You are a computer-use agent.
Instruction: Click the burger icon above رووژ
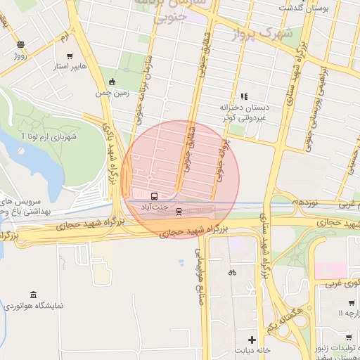[20, 44]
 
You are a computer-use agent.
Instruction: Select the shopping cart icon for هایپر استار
[69, 56]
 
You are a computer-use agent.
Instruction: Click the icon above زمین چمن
[112, 82]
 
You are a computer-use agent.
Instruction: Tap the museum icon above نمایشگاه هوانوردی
[33, 295]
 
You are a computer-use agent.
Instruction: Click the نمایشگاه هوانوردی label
[33, 307]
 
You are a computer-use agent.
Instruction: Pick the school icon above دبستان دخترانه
[244, 96]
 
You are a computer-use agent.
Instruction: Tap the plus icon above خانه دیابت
[252, 340]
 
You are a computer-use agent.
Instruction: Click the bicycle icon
[232, 271]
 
